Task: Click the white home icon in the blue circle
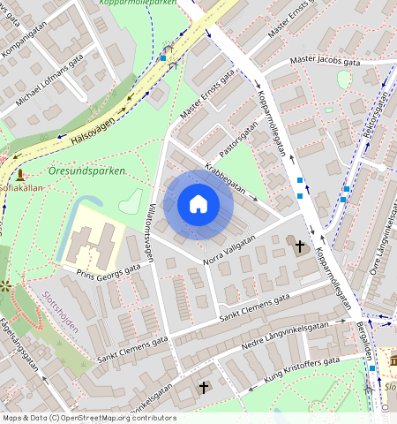click(x=198, y=205)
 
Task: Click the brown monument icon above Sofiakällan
click(x=19, y=174)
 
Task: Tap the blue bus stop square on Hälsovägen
click(x=162, y=59)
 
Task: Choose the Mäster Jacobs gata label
click(x=326, y=62)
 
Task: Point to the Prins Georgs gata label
click(x=109, y=270)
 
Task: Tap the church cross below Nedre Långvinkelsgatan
click(x=204, y=387)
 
